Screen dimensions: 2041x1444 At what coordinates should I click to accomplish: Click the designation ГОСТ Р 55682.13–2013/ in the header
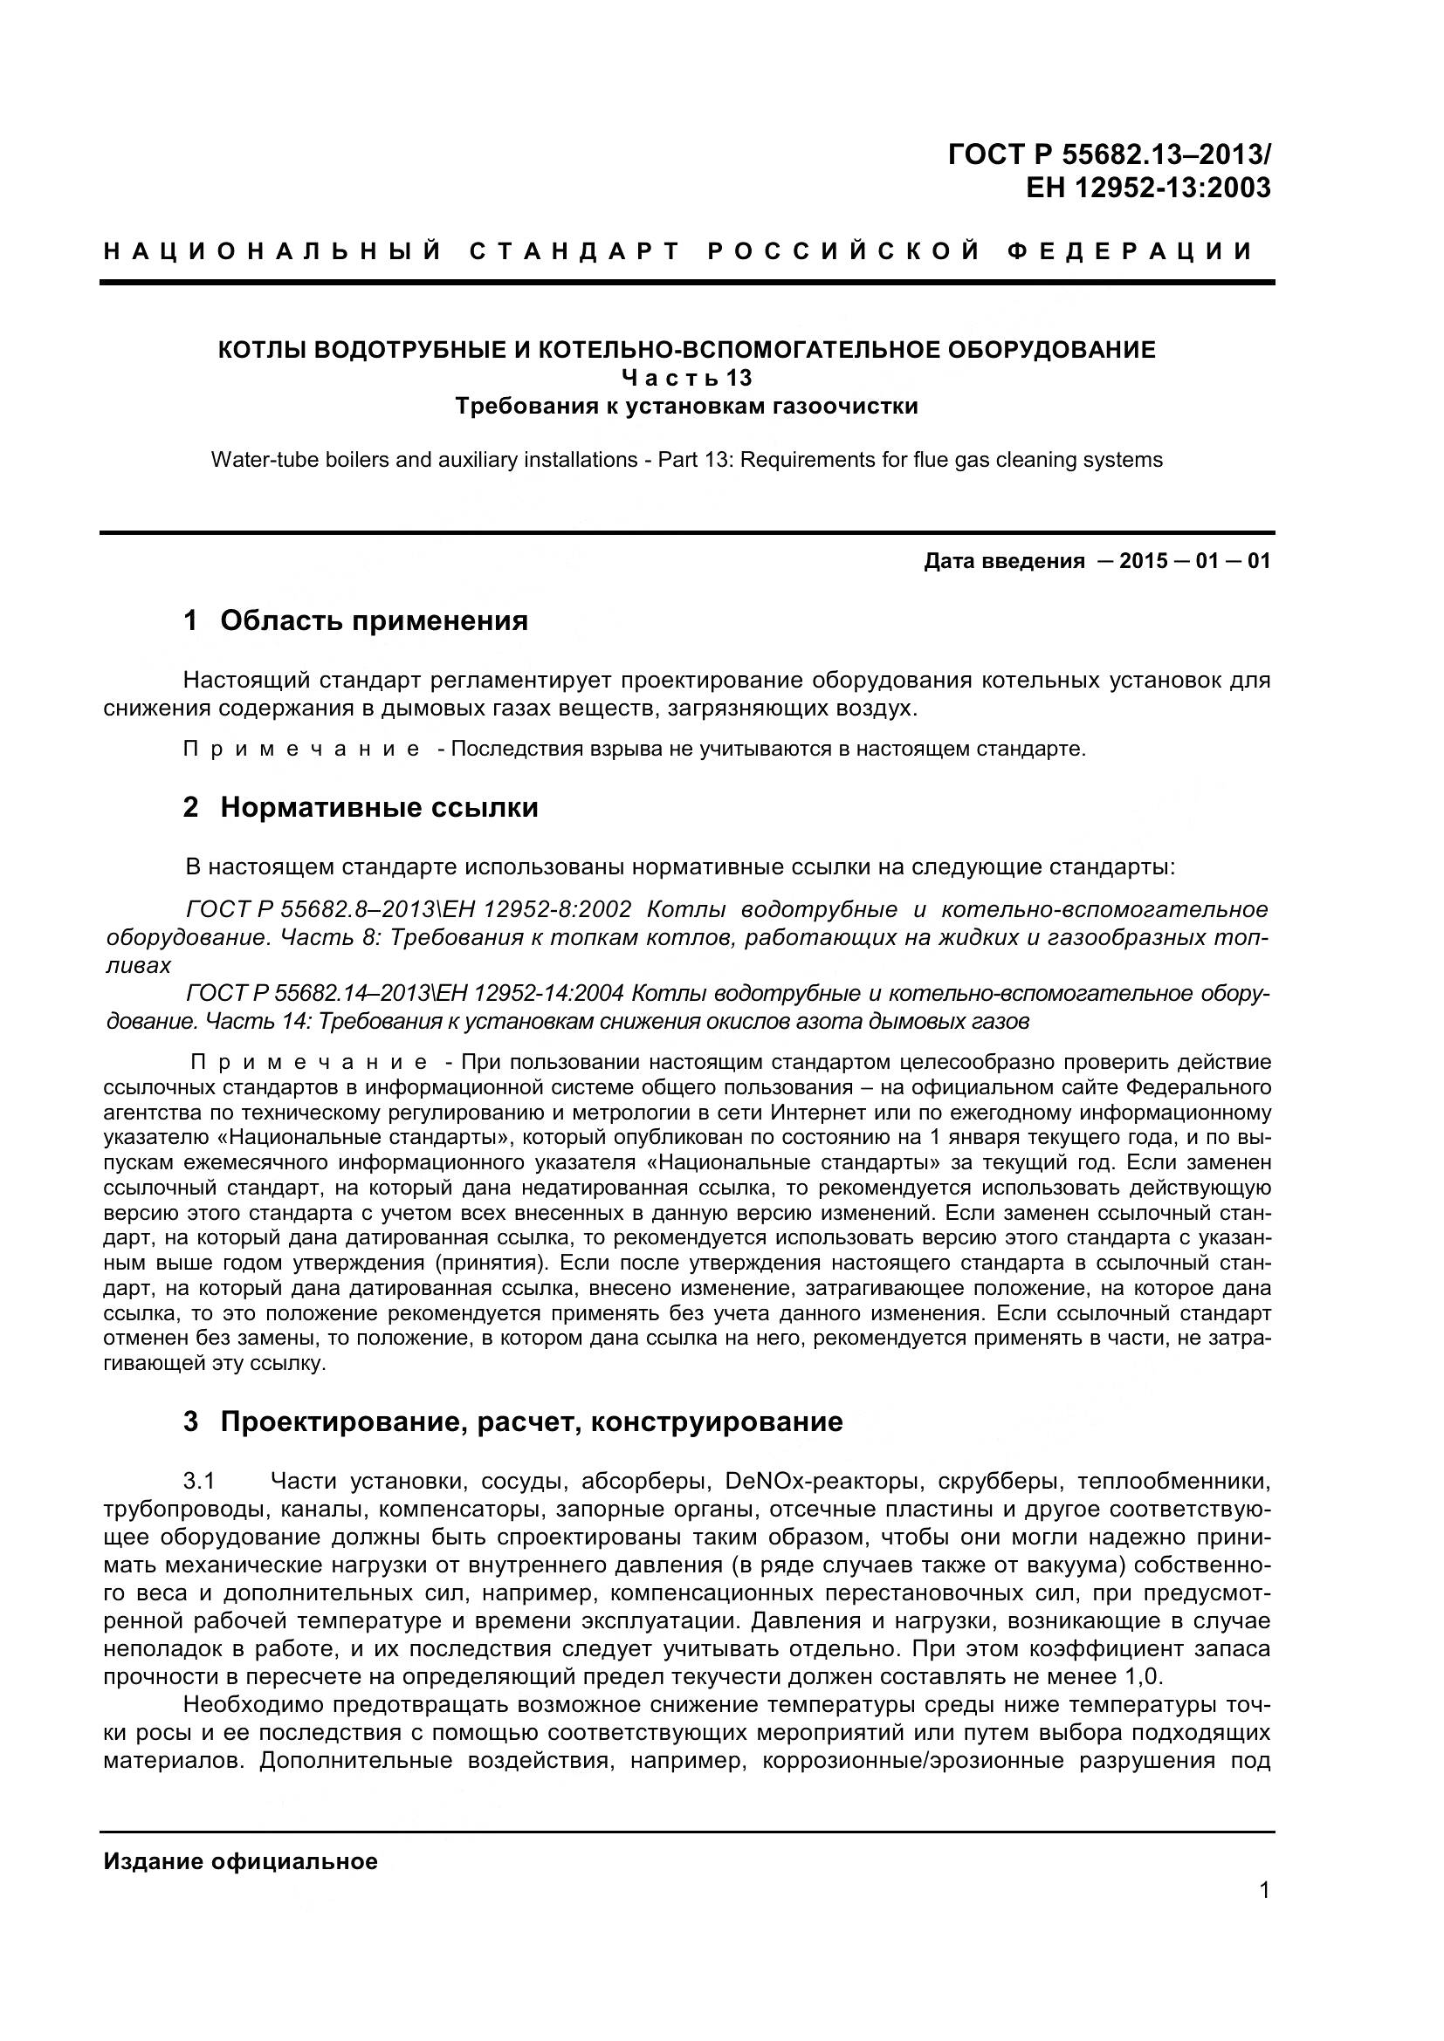tap(1109, 154)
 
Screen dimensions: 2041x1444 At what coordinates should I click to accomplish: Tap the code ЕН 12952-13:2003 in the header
tap(1148, 188)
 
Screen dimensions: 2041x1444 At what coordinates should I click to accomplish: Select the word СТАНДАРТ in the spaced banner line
tap(574, 251)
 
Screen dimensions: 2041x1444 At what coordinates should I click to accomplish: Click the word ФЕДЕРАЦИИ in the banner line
tap(1129, 251)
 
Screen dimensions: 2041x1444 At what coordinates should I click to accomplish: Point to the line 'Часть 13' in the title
tap(686, 378)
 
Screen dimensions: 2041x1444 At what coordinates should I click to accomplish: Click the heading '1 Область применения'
tap(355, 620)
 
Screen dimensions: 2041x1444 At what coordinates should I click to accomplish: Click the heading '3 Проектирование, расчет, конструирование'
tap(512, 1421)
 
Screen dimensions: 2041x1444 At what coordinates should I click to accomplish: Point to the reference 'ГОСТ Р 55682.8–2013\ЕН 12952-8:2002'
tap(409, 909)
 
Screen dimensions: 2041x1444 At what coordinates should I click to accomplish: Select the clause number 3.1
tap(199, 1481)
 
